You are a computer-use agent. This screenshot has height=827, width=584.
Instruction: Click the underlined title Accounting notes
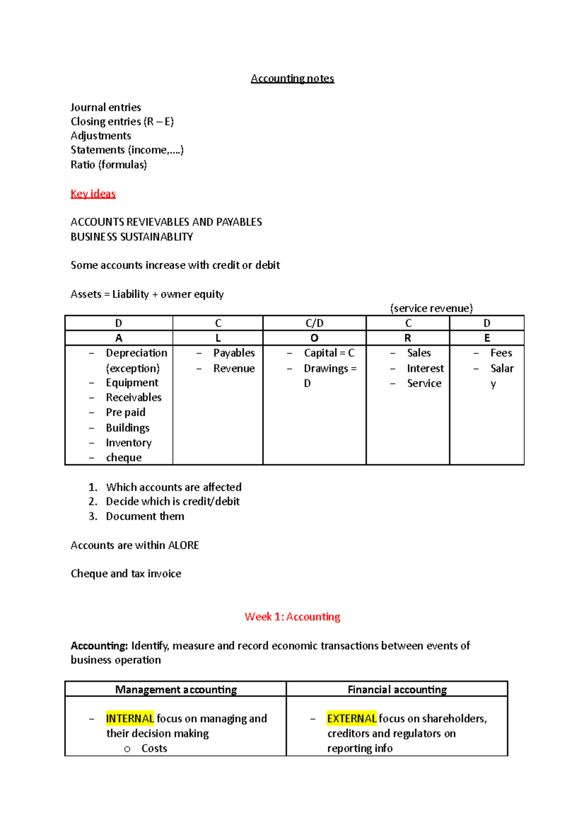[292, 78]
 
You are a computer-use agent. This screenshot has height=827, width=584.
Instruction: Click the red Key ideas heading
[93, 193]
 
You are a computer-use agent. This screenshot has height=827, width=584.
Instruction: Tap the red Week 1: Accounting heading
[292, 617]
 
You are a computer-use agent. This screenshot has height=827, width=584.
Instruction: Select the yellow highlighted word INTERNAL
[129, 718]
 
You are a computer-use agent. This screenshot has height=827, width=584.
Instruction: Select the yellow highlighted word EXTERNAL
[351, 718]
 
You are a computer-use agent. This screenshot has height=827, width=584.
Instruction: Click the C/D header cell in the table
[314, 323]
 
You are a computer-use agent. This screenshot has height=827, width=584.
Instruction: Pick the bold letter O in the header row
[314, 338]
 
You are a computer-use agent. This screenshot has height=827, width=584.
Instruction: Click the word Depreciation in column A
[136, 353]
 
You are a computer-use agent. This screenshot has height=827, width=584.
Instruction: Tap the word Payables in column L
[234, 353]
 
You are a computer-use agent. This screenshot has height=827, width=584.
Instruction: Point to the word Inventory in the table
[128, 443]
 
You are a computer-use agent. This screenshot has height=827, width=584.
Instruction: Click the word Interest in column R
[425, 368]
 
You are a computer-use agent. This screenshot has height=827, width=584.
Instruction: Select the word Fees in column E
[501, 353]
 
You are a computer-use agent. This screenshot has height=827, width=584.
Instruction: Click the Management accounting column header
[176, 690]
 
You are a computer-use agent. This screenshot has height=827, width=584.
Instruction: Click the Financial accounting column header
[397, 690]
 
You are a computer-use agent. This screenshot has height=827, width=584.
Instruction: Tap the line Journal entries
[106, 107]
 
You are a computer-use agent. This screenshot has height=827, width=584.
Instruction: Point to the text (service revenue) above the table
[431, 308]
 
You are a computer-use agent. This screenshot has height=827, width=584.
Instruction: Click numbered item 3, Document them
[145, 516]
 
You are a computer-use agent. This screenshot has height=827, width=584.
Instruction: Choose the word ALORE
[183, 545]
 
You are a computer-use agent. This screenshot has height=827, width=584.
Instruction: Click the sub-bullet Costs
[154, 749]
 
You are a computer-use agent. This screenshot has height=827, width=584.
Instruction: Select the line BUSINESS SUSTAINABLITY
[131, 237]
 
